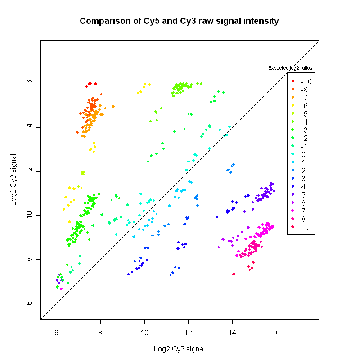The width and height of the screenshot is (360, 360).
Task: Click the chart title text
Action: point(180,21)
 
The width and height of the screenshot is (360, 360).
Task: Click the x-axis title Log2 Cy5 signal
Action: point(180,349)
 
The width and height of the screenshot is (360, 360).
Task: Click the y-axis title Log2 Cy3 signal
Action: point(15,180)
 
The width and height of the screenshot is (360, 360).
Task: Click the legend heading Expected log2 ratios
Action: point(290,68)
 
